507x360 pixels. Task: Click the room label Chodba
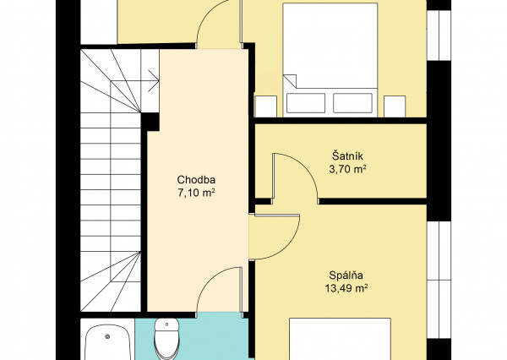(196, 179)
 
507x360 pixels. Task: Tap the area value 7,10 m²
(196, 194)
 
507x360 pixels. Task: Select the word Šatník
(347, 155)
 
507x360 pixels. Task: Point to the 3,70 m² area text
(347, 169)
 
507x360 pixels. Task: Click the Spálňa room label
(346, 275)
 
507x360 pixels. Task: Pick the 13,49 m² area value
(346, 288)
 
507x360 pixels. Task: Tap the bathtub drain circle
(107, 336)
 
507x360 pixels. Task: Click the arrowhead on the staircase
(154, 80)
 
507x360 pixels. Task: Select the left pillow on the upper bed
(306, 103)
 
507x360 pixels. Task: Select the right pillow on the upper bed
(352, 103)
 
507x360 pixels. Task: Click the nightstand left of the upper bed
(266, 106)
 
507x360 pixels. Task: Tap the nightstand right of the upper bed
(395, 106)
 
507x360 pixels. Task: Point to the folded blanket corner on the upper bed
(290, 81)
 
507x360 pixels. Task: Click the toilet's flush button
(166, 325)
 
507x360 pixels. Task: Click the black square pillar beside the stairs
(150, 122)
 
